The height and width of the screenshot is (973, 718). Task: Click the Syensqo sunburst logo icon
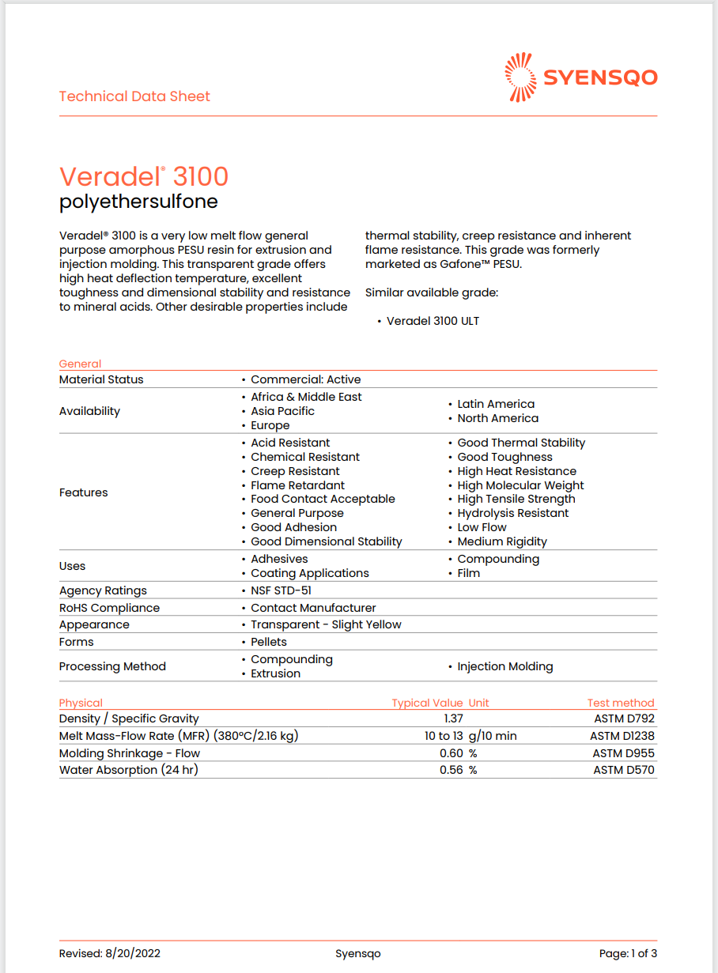tap(520, 77)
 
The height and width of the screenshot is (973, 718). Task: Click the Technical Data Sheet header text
tap(134, 96)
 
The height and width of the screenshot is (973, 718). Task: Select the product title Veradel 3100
tap(144, 175)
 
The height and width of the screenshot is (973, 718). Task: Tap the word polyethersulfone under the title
tap(138, 202)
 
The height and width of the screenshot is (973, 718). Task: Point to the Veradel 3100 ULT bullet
tap(433, 321)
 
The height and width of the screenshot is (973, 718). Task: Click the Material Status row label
tap(101, 379)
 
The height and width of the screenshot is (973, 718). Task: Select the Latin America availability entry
tap(496, 404)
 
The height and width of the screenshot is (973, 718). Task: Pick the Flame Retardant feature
tap(297, 485)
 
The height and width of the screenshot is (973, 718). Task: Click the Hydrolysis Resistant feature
tap(512, 513)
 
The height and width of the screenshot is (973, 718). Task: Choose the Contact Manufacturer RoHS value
tap(313, 608)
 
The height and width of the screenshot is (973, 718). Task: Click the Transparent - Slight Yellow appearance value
tap(326, 624)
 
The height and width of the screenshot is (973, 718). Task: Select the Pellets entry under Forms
tap(269, 642)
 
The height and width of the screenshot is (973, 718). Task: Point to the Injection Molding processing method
tap(504, 666)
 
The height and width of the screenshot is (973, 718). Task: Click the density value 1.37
tap(453, 718)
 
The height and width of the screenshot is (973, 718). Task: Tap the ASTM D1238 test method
tap(622, 736)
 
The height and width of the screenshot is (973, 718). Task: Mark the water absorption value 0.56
tap(452, 770)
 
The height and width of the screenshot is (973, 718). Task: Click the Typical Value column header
tap(427, 703)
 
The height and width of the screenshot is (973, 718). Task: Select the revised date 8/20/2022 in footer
tap(132, 953)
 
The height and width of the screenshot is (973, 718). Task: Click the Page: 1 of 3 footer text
tap(628, 953)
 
